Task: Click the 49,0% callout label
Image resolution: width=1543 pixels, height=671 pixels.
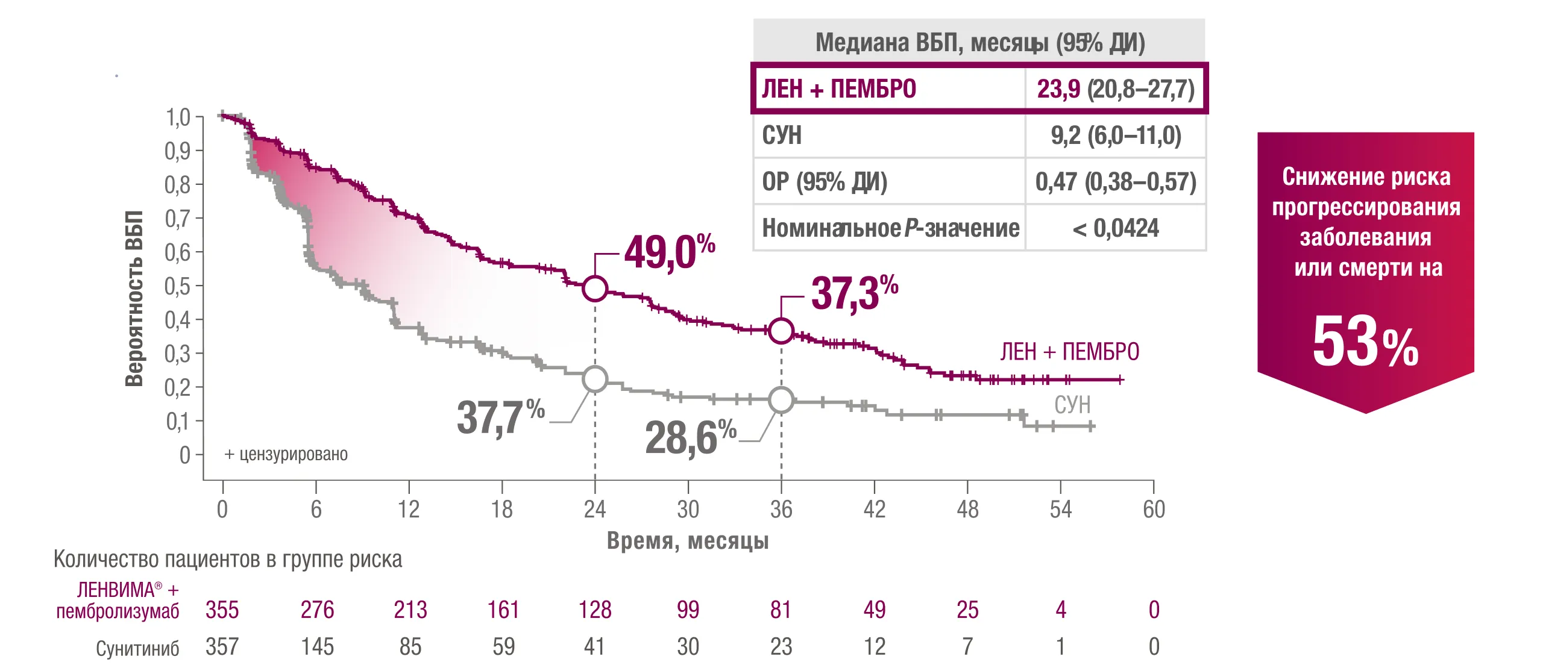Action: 669,252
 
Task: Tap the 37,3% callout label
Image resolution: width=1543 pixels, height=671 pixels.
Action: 854,293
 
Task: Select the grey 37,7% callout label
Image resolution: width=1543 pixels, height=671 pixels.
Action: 500,417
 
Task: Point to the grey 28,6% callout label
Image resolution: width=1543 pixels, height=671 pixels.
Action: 690,437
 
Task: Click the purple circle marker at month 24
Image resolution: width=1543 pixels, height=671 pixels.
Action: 595,289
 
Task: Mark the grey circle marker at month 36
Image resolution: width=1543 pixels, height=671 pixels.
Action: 781,400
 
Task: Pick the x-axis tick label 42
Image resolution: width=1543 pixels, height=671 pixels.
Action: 875,510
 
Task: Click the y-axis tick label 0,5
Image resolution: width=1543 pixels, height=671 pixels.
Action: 177,286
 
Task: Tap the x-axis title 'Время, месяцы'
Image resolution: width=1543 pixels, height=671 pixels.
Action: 688,540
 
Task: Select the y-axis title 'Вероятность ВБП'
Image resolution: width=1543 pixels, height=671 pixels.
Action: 134,298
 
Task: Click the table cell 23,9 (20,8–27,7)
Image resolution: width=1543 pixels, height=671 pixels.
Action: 1115,89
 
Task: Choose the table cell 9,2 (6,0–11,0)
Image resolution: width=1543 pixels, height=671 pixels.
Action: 1115,136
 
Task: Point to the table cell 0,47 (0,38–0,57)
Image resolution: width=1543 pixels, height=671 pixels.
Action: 1115,181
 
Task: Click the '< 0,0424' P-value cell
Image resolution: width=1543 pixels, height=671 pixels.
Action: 1115,228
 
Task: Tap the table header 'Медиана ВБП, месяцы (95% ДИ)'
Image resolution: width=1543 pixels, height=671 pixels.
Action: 979,42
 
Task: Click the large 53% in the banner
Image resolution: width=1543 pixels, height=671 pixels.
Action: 1365,342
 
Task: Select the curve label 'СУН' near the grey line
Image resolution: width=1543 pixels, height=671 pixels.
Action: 1072,405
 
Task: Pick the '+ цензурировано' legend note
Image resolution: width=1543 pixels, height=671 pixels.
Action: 286,454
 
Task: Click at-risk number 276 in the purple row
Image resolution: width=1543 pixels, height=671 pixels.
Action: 317,610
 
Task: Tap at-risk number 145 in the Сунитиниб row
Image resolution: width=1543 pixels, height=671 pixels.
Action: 317,647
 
